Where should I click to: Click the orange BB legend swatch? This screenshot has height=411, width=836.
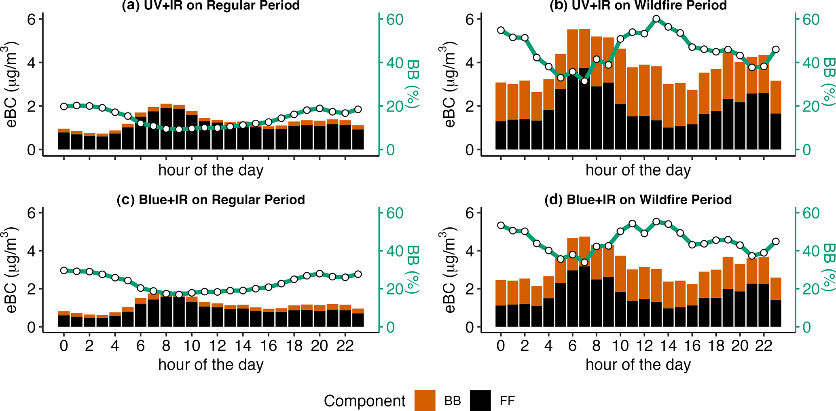(x=425, y=400)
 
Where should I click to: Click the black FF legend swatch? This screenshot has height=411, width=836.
(x=480, y=400)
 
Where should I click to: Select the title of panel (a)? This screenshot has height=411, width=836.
(x=211, y=5)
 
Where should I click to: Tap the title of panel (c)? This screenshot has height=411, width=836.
(x=211, y=200)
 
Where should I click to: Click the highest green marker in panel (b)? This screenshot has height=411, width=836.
(x=656, y=19)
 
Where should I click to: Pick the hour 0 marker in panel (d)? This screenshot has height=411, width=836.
(x=501, y=225)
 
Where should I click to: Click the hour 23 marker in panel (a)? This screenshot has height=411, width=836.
(x=358, y=110)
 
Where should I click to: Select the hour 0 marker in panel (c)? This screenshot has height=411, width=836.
(x=64, y=270)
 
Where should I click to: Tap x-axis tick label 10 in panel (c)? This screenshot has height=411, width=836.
(x=192, y=346)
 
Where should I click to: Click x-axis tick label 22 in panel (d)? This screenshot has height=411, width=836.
(x=764, y=346)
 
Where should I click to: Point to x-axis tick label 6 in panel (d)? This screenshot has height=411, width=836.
(x=572, y=346)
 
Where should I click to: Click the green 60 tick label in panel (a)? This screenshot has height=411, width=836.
(x=394, y=19)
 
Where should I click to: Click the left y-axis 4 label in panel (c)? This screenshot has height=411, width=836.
(x=32, y=251)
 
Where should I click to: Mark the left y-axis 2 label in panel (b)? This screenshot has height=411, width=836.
(x=469, y=106)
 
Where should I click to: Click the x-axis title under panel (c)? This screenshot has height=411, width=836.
(x=211, y=365)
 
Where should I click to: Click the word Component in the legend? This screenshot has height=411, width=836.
(x=364, y=401)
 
